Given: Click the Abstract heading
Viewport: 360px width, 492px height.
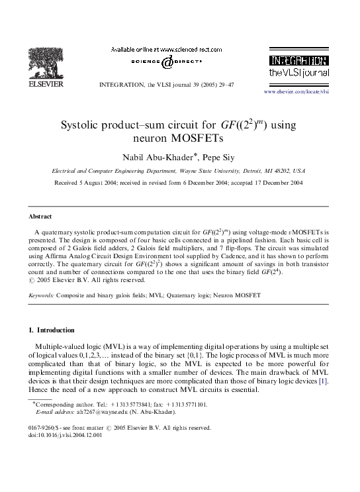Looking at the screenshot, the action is [x=41, y=217].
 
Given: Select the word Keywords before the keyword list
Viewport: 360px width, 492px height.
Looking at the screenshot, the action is [x=41, y=293].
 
